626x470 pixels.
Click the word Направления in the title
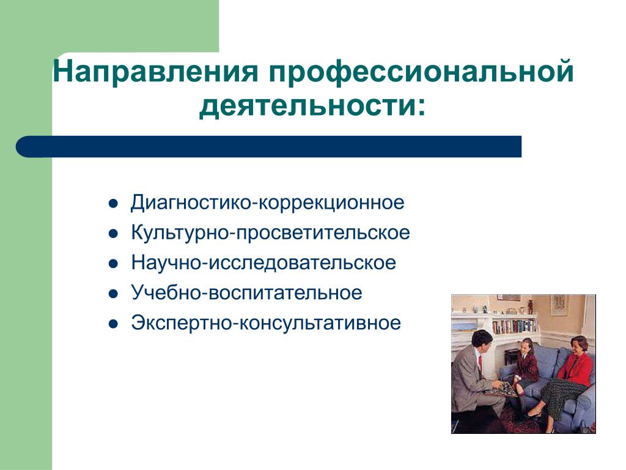[155, 72]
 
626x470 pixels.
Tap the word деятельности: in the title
[312, 106]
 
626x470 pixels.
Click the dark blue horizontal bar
[269, 146]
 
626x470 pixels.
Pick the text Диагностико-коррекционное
[268, 203]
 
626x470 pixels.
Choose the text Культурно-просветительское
[270, 233]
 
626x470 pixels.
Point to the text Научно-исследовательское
[263, 263]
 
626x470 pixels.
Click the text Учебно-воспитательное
[246, 293]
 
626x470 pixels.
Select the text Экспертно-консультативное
[266, 323]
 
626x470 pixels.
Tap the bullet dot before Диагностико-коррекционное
[113, 203]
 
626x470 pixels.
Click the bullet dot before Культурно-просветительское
[113, 233]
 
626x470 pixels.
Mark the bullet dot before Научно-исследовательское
[113, 264]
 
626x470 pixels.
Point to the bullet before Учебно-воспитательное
[113, 294]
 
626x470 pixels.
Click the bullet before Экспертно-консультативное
[113, 324]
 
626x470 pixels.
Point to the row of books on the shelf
[514, 326]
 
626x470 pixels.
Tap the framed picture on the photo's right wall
[558, 306]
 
